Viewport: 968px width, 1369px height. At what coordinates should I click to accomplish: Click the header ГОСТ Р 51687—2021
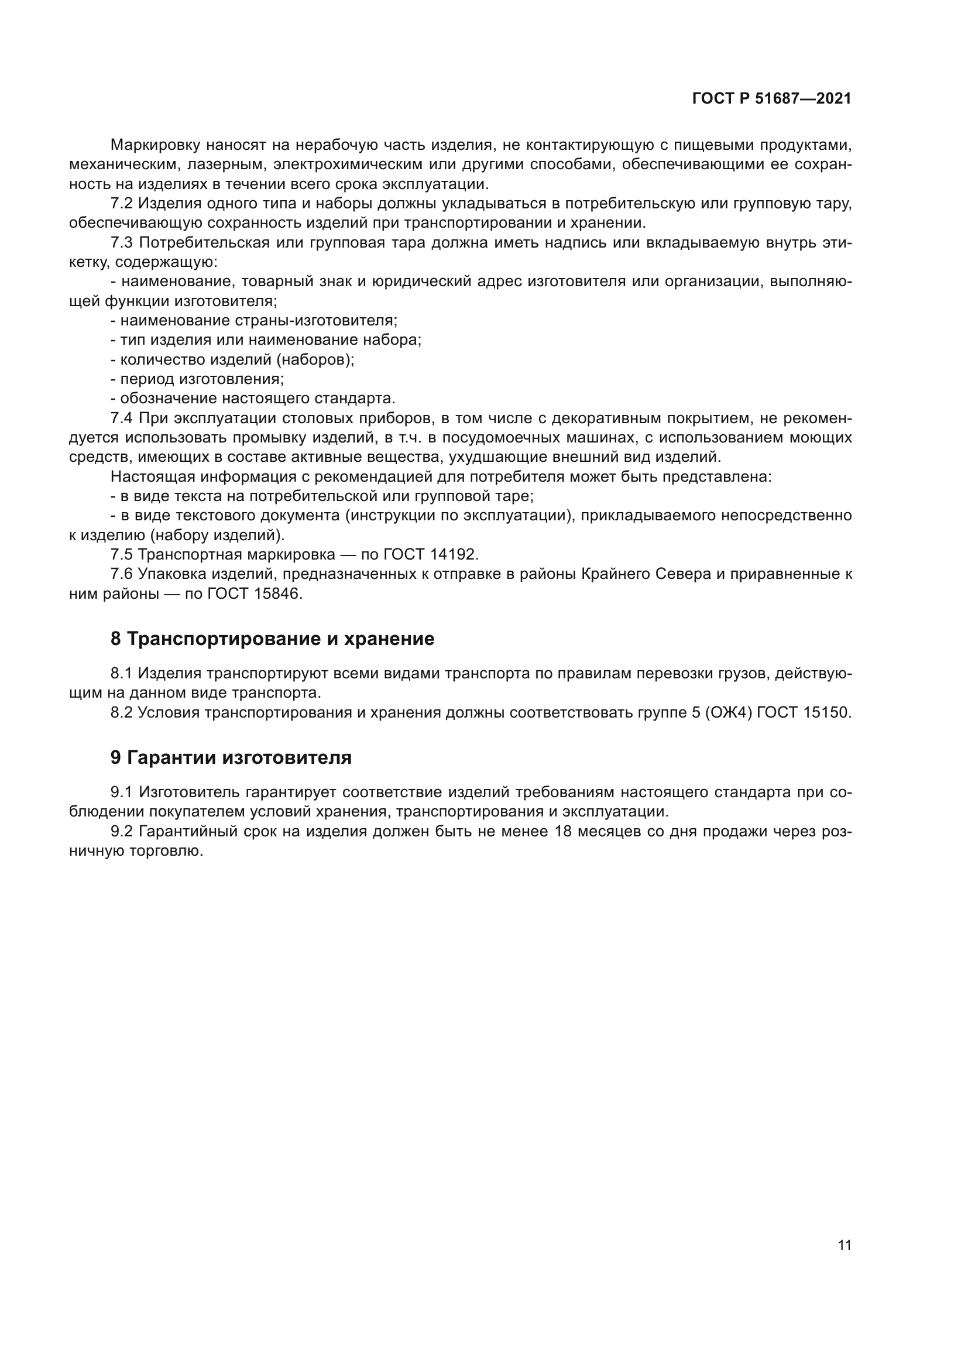tap(771, 99)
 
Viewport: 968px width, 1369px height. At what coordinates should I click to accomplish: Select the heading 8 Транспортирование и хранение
tap(272, 639)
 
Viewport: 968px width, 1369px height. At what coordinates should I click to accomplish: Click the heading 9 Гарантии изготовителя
tap(231, 758)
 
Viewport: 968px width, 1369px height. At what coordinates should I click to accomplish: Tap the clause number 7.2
tap(122, 204)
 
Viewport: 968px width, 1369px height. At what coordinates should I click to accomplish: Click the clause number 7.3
tap(122, 243)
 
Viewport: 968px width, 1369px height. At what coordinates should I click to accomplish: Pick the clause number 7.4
tap(122, 418)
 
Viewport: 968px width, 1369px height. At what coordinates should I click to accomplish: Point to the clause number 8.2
tap(121, 712)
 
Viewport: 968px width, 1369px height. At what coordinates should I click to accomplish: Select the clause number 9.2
tap(122, 832)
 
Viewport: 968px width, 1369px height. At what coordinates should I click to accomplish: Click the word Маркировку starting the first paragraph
tap(155, 145)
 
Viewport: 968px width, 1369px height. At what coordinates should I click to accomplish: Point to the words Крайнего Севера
tap(645, 574)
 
